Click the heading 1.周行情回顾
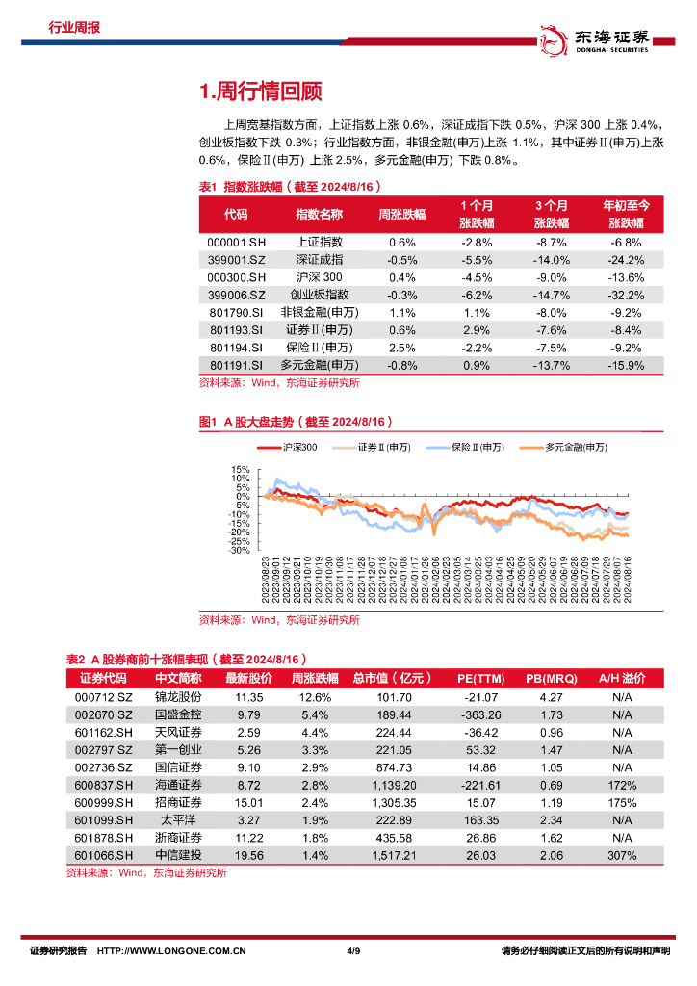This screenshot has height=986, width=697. pyautogui.click(x=260, y=91)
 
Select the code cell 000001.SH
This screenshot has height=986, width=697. pyautogui.click(x=235, y=243)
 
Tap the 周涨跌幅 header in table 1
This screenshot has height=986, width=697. pyautogui.click(x=401, y=214)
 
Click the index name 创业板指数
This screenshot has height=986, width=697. pyautogui.click(x=319, y=295)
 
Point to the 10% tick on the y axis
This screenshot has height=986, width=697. pyautogui.click(x=241, y=470)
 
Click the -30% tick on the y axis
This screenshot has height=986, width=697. pyautogui.click(x=239, y=551)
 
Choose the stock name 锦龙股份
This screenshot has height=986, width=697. pyautogui.click(x=178, y=696)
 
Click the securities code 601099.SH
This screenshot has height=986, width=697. pyautogui.click(x=101, y=820)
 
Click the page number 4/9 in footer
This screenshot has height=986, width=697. pyautogui.click(x=352, y=951)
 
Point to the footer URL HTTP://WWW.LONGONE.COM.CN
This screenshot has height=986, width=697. pyautogui.click(x=173, y=951)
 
